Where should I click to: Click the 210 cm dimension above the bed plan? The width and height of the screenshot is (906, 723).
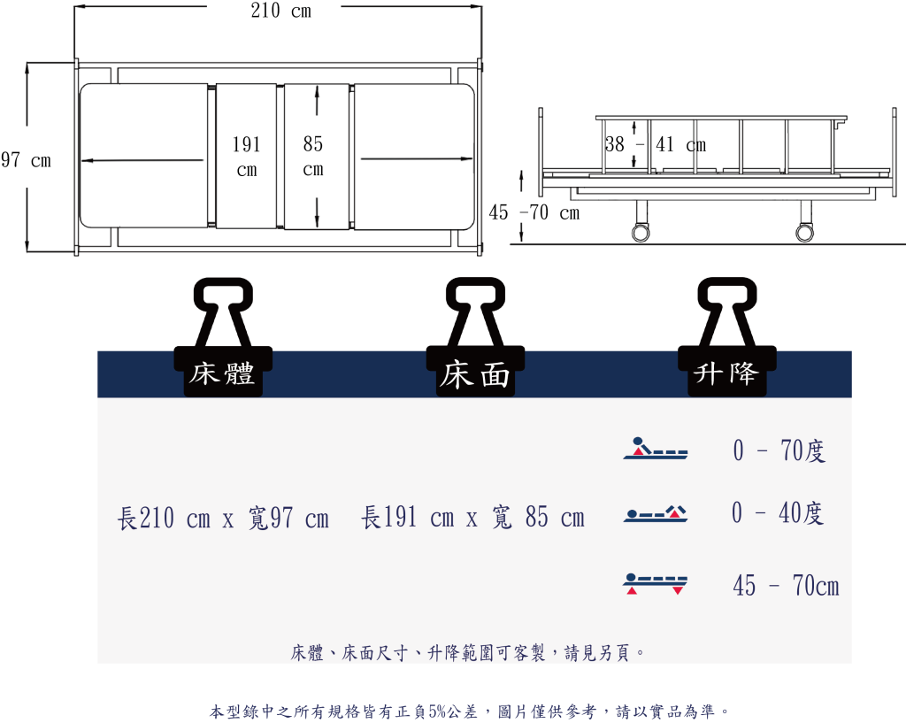tap(280, 11)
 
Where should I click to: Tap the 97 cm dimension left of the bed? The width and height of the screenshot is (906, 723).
tap(26, 160)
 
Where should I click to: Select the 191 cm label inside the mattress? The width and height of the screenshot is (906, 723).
tap(247, 157)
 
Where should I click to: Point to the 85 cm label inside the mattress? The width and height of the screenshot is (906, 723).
tap(313, 156)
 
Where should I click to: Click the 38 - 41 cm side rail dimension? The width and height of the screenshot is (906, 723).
tap(656, 144)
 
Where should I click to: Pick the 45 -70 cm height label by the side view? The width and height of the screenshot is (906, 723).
tap(534, 212)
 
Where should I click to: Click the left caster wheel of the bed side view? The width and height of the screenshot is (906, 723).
tap(641, 233)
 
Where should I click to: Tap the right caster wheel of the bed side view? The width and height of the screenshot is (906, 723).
tap(804, 233)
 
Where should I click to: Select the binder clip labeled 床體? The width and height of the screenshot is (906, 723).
tap(223, 337)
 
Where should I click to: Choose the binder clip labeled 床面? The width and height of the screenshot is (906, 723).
tap(475, 337)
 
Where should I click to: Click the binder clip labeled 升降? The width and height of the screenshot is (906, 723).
tap(727, 337)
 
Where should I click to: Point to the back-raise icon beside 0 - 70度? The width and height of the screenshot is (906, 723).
tap(656, 449)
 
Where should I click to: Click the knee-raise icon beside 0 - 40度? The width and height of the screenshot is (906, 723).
tap(656, 514)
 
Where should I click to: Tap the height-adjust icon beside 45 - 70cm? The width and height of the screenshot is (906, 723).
tap(656, 584)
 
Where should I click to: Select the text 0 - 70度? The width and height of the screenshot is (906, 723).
tap(779, 450)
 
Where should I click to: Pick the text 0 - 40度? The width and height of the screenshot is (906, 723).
tap(778, 512)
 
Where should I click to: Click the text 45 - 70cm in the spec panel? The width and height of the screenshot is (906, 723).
tap(786, 585)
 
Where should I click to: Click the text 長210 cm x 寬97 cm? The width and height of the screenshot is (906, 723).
tap(223, 518)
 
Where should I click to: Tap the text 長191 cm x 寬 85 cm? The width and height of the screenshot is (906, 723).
tap(472, 517)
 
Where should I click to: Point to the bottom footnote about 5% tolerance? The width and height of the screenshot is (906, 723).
tap(470, 711)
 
